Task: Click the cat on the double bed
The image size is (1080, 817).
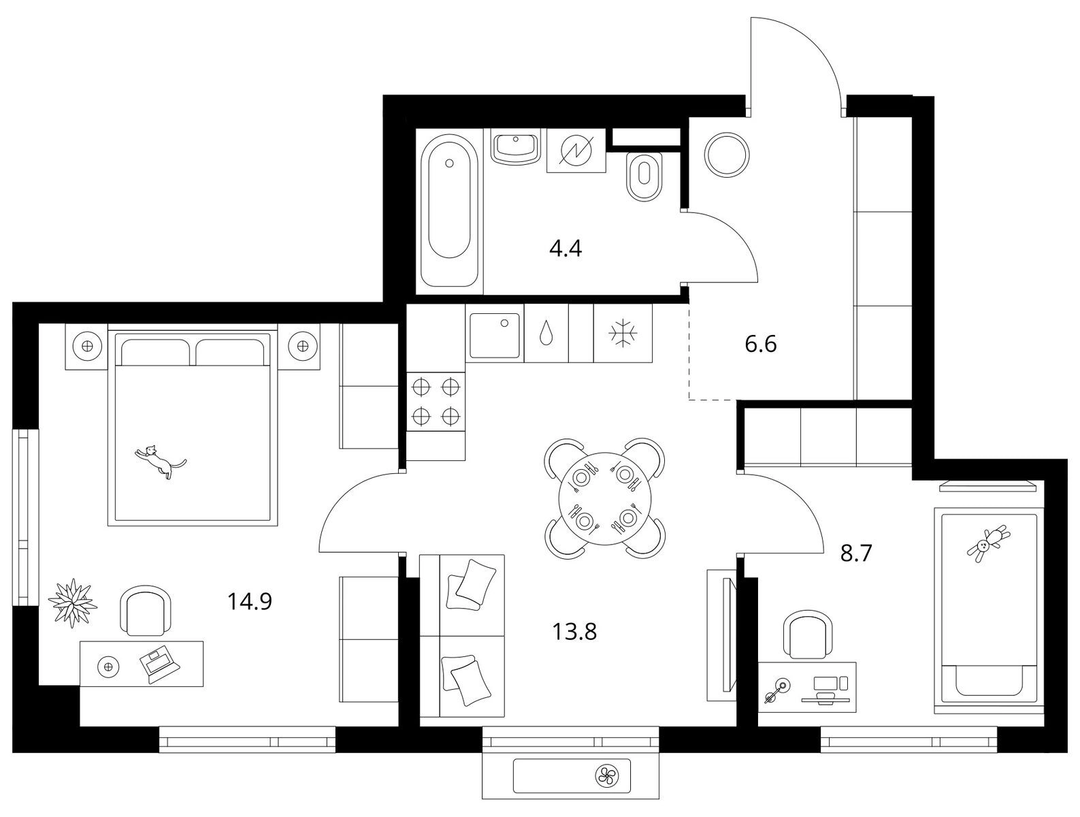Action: tap(161, 461)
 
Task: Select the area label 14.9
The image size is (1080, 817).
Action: tap(250, 601)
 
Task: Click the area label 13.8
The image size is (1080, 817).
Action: tap(574, 631)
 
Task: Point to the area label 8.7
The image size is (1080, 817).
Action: tap(856, 554)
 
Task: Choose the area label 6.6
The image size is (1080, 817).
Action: tap(761, 344)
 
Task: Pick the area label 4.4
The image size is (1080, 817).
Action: tap(566, 249)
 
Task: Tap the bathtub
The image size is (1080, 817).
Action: tap(449, 211)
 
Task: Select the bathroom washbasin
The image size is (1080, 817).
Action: tap(516, 147)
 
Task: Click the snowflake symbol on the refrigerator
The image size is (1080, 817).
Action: tap(623, 334)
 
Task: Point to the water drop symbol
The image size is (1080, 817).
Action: tap(546, 333)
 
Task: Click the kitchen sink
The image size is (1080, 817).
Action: tap(494, 335)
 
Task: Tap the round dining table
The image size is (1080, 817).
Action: tap(605, 498)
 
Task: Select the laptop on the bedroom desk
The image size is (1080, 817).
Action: tap(159, 665)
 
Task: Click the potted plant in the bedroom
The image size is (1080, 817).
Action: tap(73, 603)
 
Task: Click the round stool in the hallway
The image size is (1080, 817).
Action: tap(727, 155)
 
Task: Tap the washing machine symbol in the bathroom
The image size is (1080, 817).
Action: tap(576, 150)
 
